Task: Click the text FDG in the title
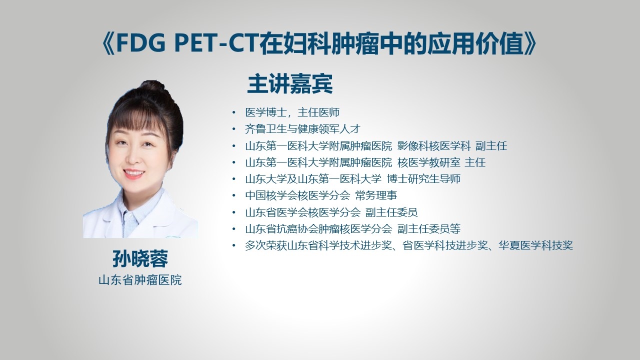pos(141,43)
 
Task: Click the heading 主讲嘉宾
pos(290,84)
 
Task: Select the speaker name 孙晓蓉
pos(140,258)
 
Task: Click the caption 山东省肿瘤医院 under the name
pos(140,280)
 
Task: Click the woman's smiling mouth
pos(133,173)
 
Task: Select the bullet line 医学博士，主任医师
pos(292,112)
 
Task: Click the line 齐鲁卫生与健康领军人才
pos(302,129)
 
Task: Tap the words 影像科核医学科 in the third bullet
pos(434,145)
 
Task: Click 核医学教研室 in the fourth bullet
pos(429,162)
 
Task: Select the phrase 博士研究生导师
pos(423,179)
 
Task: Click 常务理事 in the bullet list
pos(376,195)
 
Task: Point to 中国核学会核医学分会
pos(297,195)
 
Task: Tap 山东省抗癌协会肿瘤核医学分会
pos(318,228)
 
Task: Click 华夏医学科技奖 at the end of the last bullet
pos(536,245)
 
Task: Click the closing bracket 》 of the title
pos(530,43)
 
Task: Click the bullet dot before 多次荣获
pos(234,245)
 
